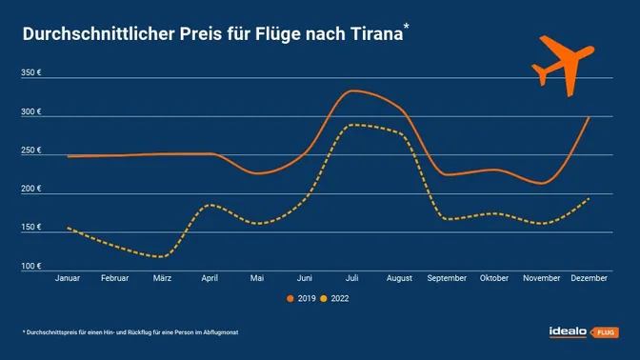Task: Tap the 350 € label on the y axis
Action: [x=31, y=74]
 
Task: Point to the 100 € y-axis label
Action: [x=31, y=266]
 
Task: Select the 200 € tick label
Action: [x=31, y=189]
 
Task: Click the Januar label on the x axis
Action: [x=67, y=278]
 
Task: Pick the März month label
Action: [x=162, y=278]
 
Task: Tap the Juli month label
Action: [x=352, y=278]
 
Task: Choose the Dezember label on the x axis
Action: [x=590, y=278]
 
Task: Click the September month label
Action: [x=448, y=278]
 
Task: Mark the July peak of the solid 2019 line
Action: [x=353, y=90]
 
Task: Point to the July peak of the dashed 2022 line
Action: [x=353, y=125]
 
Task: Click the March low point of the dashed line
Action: [x=162, y=256]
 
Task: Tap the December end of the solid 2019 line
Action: [x=590, y=117]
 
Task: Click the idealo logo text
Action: [x=569, y=331]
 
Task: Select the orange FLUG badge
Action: [x=606, y=332]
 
